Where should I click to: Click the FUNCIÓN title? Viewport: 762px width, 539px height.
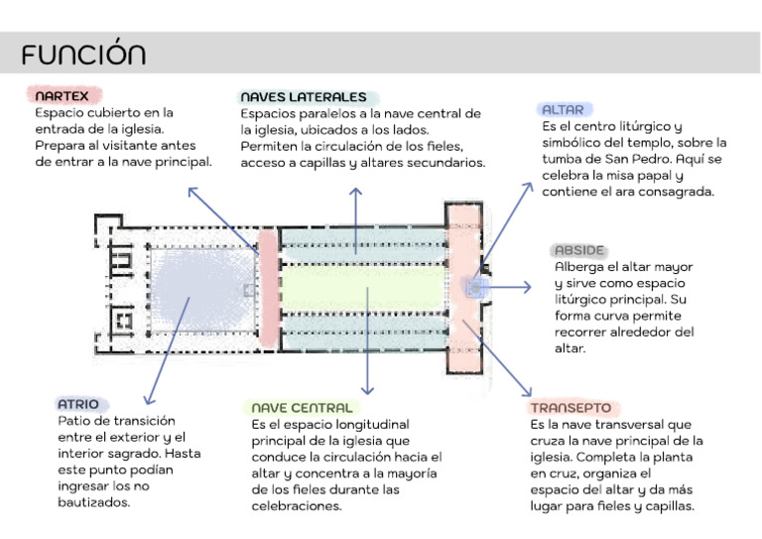pyautogui.click(x=83, y=53)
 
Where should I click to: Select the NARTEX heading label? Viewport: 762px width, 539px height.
pyautogui.click(x=62, y=95)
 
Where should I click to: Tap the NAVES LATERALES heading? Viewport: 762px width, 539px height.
pyautogui.click(x=304, y=96)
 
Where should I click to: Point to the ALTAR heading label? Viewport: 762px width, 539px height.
pyautogui.click(x=563, y=110)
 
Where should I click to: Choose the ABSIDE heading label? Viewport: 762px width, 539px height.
pyautogui.click(x=579, y=250)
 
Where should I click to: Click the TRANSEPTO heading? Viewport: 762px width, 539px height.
pyautogui.click(x=571, y=407)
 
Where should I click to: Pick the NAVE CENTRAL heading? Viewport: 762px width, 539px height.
pyautogui.click(x=302, y=407)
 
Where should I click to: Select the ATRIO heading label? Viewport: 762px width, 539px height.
pyautogui.click(x=78, y=404)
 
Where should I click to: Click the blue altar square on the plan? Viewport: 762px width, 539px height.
pyautogui.click(x=475, y=288)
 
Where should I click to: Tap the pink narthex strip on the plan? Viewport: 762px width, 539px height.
pyautogui.click(x=268, y=288)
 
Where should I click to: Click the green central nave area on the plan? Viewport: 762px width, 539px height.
pyautogui.click(x=363, y=288)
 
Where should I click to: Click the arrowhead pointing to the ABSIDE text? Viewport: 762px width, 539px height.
pyautogui.click(x=527, y=287)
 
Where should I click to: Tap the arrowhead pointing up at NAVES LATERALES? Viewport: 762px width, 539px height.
pyautogui.click(x=356, y=192)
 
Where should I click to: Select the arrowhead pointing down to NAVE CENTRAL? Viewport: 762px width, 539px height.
pyautogui.click(x=367, y=390)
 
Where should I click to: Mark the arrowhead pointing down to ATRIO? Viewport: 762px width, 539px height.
pyautogui.click(x=148, y=400)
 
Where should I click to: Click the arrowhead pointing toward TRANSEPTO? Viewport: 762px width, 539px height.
pyautogui.click(x=527, y=392)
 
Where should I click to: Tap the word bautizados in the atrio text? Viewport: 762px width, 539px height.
pyautogui.click(x=94, y=502)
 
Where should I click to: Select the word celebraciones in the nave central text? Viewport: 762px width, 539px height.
pyautogui.click(x=297, y=506)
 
